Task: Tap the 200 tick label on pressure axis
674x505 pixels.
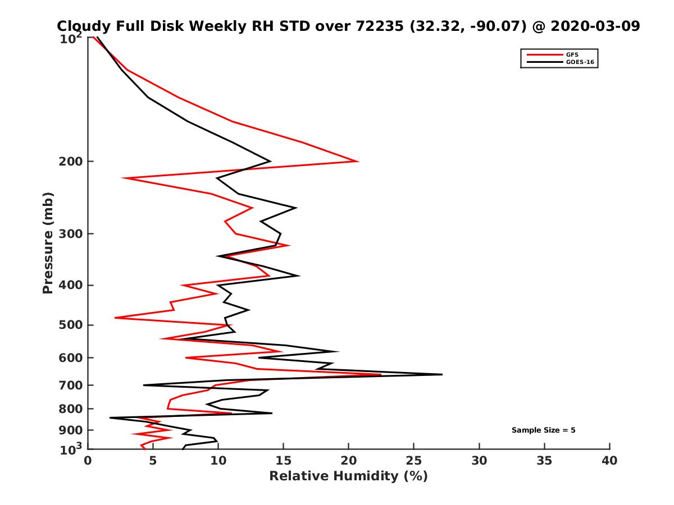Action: coord(72,162)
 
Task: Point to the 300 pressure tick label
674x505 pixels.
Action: coord(72,233)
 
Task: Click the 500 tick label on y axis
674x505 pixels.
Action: coord(72,325)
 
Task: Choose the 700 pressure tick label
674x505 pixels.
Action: coord(72,385)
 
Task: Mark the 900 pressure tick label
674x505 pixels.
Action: coord(72,430)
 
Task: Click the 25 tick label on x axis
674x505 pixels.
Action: coord(414,461)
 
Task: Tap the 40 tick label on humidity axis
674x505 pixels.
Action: coord(609,461)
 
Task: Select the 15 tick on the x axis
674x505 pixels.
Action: coord(284,461)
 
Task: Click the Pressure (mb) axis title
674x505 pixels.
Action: coord(48,243)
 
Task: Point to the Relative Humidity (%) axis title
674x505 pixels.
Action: coord(348,476)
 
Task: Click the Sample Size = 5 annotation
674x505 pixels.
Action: coord(543,430)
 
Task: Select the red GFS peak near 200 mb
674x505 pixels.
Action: coord(358,162)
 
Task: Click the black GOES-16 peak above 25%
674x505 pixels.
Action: coord(441,374)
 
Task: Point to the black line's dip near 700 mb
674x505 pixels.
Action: coord(144,385)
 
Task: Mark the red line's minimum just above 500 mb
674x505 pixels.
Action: coord(116,318)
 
